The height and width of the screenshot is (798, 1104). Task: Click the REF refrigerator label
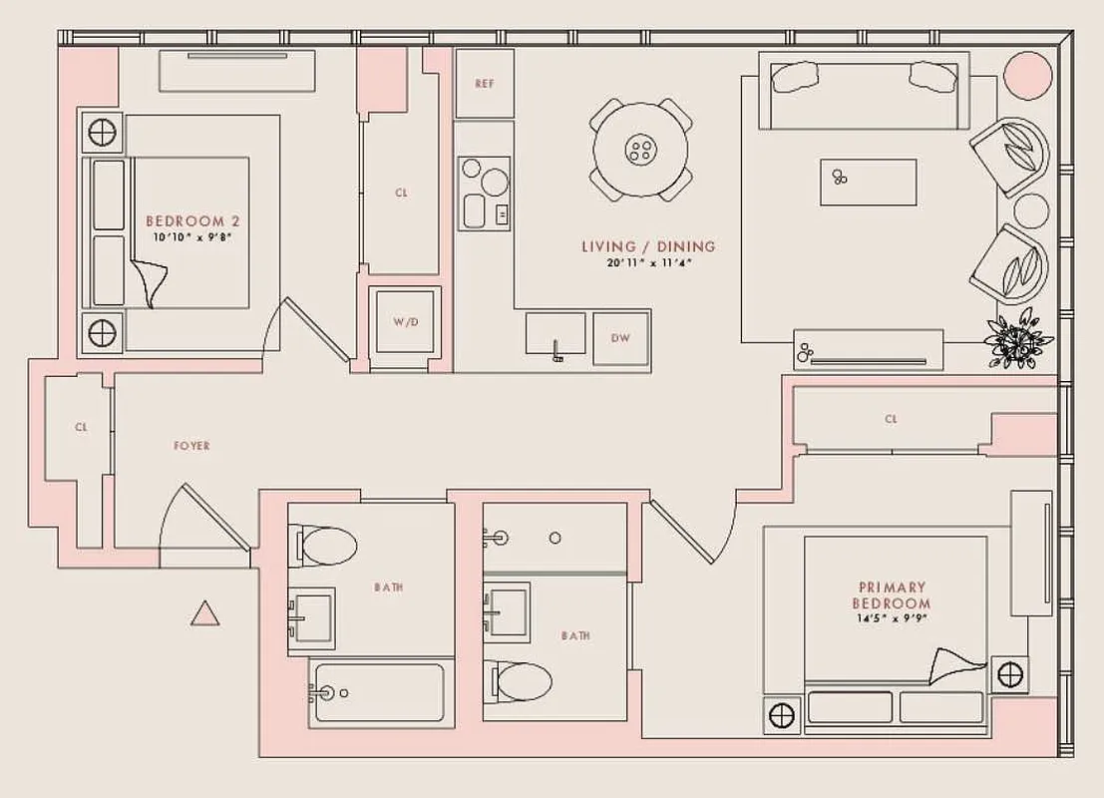click(485, 84)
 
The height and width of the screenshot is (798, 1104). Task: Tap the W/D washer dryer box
click(404, 322)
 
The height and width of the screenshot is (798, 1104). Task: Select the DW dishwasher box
click(620, 338)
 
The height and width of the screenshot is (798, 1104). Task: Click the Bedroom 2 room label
click(191, 221)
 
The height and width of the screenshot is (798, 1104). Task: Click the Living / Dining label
click(648, 246)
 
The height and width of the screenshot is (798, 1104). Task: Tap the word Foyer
click(191, 446)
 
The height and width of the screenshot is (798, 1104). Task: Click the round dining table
click(640, 151)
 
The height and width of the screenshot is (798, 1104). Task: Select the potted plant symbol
click(1016, 342)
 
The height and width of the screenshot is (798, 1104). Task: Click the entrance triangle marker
click(204, 614)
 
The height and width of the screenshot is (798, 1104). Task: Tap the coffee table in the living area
click(868, 182)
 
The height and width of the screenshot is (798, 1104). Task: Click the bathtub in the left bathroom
click(375, 691)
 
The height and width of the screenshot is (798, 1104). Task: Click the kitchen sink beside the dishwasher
click(555, 332)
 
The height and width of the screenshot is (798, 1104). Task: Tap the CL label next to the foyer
click(81, 427)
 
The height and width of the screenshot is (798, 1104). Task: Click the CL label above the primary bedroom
click(891, 419)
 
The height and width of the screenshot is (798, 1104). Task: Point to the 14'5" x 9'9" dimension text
click(891, 618)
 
